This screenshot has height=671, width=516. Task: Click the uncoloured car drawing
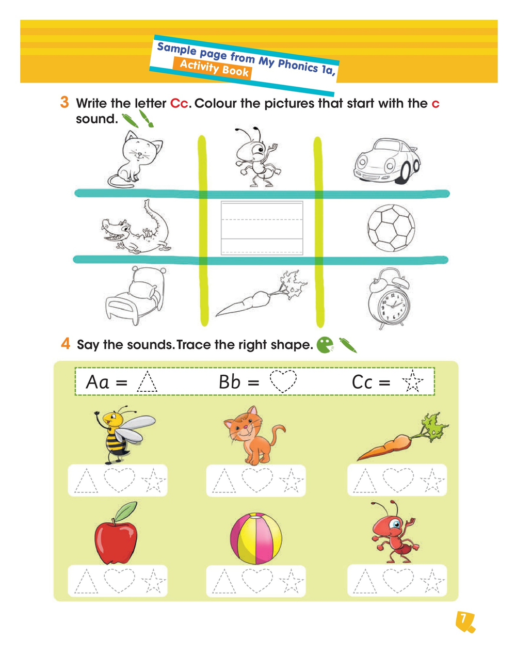pos(386,162)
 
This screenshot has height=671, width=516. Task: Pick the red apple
pos(116,537)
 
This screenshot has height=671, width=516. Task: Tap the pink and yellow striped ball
pos(256,538)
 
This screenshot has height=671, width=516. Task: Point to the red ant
pos(394,534)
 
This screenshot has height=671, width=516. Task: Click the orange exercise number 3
pos(64,102)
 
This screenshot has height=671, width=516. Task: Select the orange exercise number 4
pos(66,343)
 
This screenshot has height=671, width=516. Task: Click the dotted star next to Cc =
pos(412,382)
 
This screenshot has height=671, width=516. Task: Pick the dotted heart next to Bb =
pos(283,382)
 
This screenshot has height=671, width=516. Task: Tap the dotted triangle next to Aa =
pos(148,382)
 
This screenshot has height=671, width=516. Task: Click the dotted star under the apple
pos(154,582)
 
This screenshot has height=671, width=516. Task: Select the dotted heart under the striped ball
pos(256,581)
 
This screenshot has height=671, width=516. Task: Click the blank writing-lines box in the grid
pos(262,228)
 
